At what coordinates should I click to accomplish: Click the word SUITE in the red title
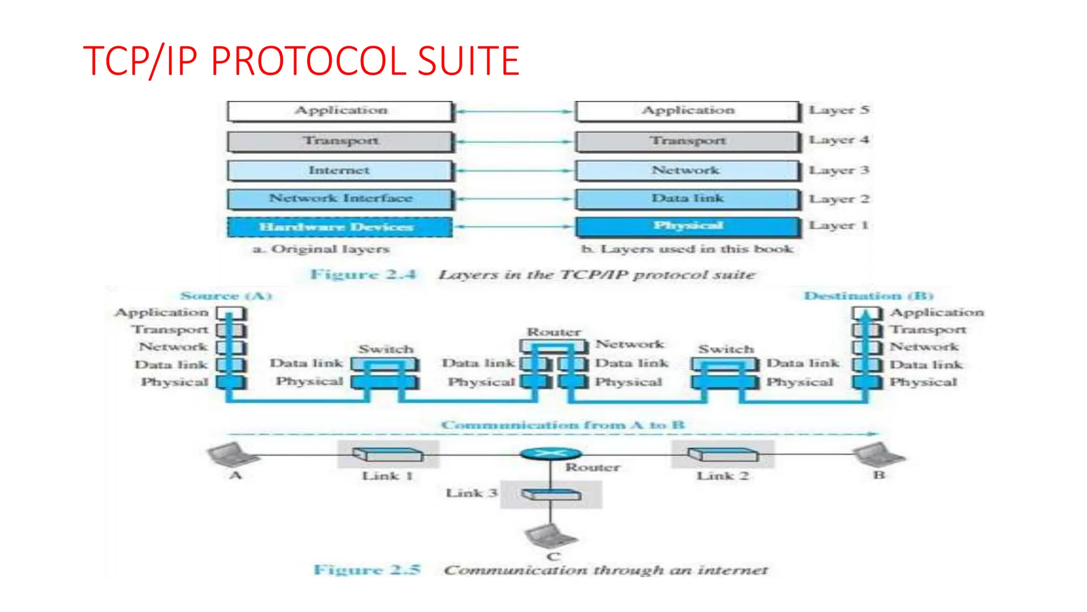click(468, 61)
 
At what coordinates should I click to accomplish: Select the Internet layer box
click(340, 171)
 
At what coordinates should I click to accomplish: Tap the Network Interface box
click(340, 199)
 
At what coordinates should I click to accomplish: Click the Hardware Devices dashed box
click(340, 227)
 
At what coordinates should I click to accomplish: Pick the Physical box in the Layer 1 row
click(688, 226)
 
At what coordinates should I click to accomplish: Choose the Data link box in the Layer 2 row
click(688, 199)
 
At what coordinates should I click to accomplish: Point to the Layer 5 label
click(839, 110)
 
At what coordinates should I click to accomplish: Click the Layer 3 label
click(839, 171)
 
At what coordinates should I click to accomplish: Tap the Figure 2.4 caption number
click(364, 275)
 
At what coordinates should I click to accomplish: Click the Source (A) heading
click(226, 296)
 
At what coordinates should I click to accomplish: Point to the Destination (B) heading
click(868, 296)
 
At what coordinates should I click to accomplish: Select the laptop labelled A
click(228, 455)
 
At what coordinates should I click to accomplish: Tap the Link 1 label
click(387, 476)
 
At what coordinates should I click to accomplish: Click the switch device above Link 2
click(723, 455)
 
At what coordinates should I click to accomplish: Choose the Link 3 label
click(471, 494)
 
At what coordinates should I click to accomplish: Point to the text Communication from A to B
click(563, 425)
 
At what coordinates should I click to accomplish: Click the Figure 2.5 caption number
click(367, 570)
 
